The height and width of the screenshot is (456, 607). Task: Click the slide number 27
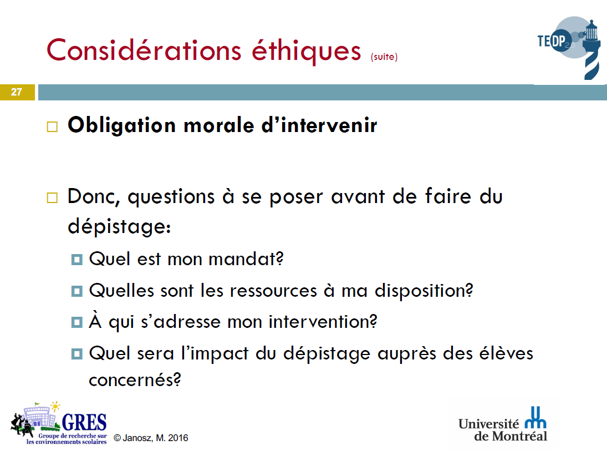(x=16, y=92)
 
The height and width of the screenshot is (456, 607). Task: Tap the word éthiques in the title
(x=306, y=51)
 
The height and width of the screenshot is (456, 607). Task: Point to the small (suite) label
(x=384, y=57)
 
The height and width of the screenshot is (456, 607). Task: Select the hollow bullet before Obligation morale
(x=52, y=126)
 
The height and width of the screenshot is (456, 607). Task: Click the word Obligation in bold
(x=121, y=125)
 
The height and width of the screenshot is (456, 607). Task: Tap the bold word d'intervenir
(x=319, y=125)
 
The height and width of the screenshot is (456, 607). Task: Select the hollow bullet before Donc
(x=52, y=197)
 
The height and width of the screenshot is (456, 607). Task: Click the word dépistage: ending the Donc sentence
(x=119, y=226)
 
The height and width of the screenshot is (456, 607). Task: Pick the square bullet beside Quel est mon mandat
(x=77, y=259)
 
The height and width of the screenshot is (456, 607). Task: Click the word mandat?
(x=246, y=259)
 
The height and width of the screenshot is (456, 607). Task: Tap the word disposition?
(x=424, y=291)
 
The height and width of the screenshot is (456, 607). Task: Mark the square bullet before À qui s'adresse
(x=77, y=322)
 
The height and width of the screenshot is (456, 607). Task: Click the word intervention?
(x=323, y=322)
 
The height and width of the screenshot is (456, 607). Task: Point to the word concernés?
(x=135, y=379)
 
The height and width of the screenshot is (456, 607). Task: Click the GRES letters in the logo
(x=84, y=422)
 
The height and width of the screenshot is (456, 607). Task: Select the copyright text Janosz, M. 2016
(x=151, y=438)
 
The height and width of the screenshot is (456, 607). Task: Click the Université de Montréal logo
(x=503, y=425)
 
